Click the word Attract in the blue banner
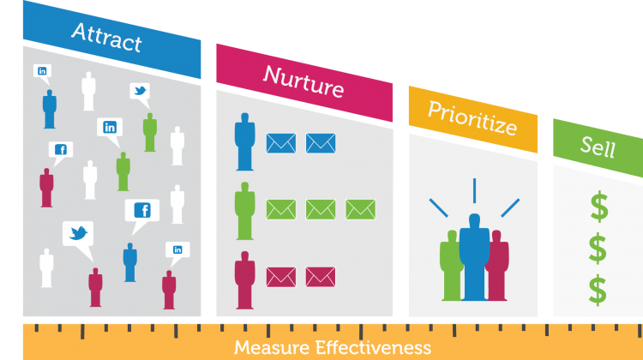pos(106,38)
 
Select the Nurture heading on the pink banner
pos(303,81)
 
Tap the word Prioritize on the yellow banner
pos(472,118)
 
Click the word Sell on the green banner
pos(598,147)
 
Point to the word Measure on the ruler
pos(272,348)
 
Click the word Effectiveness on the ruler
pos(373,348)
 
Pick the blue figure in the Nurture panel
pos(245,141)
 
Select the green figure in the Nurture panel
pos(245,211)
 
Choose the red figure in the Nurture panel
pos(245,280)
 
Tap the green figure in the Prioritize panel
pos(451,267)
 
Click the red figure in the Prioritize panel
pos(498,267)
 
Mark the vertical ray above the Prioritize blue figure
pos(474,190)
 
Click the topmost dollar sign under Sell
pos(599,207)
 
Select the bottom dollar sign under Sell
pos(598,290)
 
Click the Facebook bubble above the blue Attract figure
pos(141,216)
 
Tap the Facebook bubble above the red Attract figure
pos(61,153)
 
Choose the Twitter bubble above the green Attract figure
pos(141,95)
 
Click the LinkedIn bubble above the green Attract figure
pos(110,131)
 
